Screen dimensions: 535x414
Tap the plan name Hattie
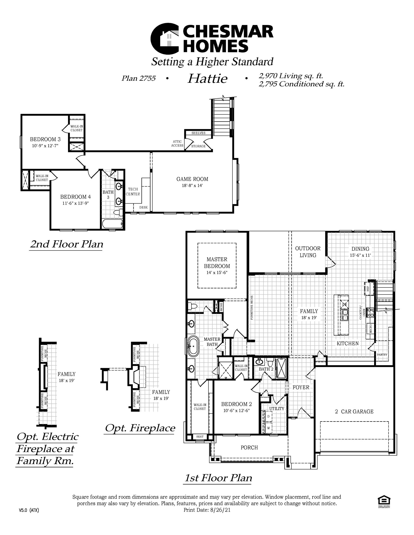tap(207, 79)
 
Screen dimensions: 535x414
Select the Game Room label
tap(192, 179)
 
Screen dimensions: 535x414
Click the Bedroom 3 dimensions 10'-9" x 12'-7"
tap(45, 146)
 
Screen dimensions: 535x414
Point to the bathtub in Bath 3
tap(113, 224)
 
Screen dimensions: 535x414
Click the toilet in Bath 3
tap(119, 212)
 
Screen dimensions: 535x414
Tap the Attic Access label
tap(177, 143)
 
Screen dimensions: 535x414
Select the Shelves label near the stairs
tap(198, 133)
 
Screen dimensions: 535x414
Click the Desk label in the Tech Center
tap(143, 207)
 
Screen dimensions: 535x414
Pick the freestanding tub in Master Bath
tap(193, 346)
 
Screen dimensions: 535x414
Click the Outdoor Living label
tap(308, 252)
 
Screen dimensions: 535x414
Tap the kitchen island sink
tap(345, 315)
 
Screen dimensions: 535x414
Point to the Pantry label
tap(382, 355)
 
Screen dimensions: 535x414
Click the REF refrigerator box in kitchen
tap(368, 288)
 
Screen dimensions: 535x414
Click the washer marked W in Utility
tap(268, 428)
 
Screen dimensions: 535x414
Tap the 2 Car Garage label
tap(354, 411)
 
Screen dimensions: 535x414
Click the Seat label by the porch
tap(200, 436)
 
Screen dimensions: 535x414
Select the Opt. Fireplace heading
tap(140, 428)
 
